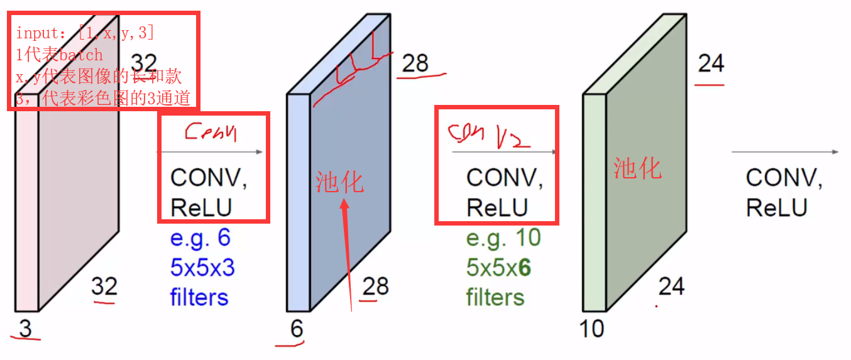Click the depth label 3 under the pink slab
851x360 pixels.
[25, 327]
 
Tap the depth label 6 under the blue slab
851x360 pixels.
[296, 329]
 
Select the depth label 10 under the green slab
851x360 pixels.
[591, 328]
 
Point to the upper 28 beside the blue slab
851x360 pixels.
[415, 63]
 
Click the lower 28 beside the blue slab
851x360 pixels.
[376, 286]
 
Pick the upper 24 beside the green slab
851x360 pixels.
[711, 63]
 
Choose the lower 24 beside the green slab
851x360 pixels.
[671, 286]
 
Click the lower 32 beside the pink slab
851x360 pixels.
[104, 286]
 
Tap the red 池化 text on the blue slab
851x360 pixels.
[339, 182]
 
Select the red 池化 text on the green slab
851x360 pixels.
[637, 169]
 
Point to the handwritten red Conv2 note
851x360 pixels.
[488, 134]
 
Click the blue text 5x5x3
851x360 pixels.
[202, 268]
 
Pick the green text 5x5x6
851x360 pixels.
[498, 268]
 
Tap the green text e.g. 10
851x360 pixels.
[503, 238]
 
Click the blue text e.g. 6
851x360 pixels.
[200, 238]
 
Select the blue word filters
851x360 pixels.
[199, 297]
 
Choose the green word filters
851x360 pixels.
[495, 297]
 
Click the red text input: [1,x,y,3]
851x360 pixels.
[85, 33]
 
